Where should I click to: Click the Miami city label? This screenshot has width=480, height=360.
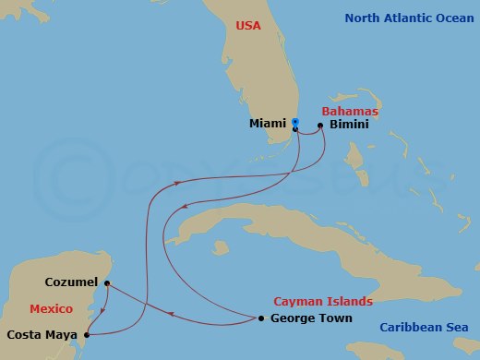[267, 123]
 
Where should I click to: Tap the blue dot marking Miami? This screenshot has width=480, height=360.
[295, 122]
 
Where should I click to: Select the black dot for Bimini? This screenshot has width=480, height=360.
[320, 125]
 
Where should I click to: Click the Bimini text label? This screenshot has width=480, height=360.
[348, 125]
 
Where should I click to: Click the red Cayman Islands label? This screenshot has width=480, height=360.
[323, 302]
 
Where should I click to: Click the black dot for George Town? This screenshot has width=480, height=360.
[261, 318]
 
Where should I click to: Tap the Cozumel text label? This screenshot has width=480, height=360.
[73, 282]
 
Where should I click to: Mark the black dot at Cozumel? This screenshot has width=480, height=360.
[107, 282]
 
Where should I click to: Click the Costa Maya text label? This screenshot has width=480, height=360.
[41, 335]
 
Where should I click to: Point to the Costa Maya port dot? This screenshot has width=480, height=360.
[86, 335]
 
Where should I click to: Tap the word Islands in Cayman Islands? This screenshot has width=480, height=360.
[349, 302]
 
